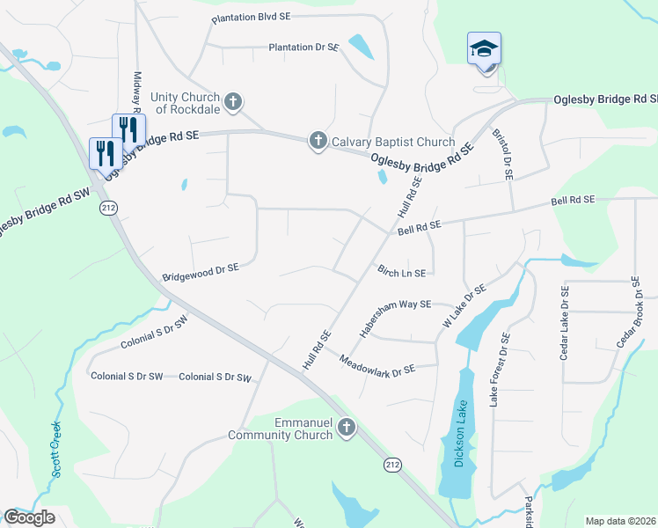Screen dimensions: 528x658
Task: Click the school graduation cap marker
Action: point(484,49)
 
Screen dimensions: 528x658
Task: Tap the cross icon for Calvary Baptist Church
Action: point(318,141)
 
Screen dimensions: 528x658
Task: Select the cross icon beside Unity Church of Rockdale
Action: point(233,102)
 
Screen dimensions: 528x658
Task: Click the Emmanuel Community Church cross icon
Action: point(347,429)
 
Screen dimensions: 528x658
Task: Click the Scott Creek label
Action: point(55,448)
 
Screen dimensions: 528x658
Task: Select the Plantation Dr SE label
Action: point(303,47)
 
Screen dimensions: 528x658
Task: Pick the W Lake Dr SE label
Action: point(464,305)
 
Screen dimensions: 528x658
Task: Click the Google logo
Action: point(29,517)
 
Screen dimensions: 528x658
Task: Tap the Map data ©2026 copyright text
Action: point(620,521)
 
